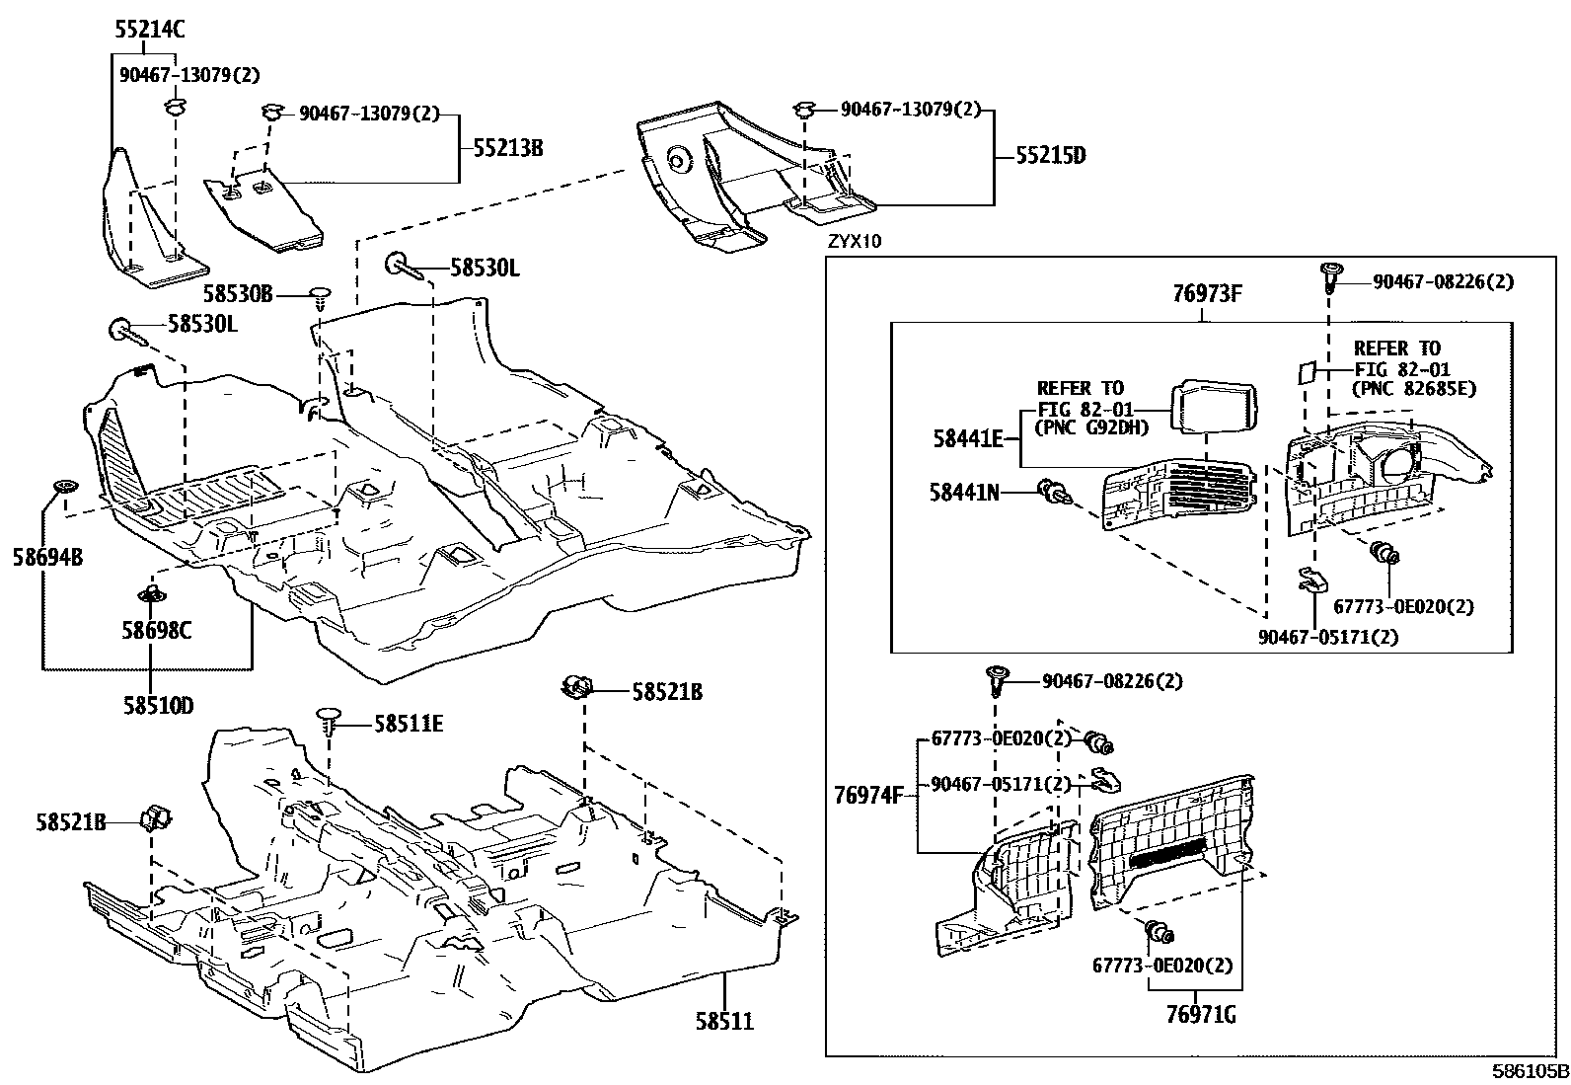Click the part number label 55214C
pos(150,30)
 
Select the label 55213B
pos(507,149)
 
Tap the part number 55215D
pos(1051,156)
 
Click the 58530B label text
pos(238,293)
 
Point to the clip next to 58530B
pos(321,293)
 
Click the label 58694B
pos(47,558)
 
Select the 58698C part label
pos(157,631)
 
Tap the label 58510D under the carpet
pos(158,706)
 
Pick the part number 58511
pos(724,1021)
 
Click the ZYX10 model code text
pos(855,241)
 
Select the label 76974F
pos(869,795)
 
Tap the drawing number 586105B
pos(1530,1071)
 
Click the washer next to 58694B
pos(66,487)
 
